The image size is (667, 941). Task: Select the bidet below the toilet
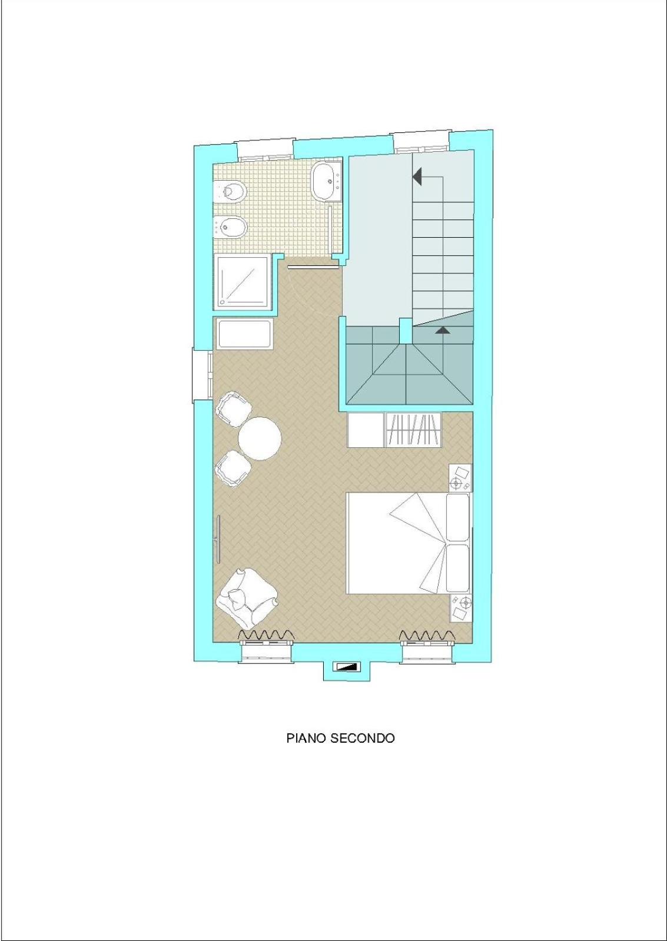point(230,227)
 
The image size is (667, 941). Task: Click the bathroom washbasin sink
point(327,181)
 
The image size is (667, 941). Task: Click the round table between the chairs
point(259,438)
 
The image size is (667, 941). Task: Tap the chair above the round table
point(233,409)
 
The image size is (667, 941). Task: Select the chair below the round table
point(233,468)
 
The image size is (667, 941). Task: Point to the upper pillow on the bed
point(457,517)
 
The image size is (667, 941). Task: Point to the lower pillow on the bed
point(457,568)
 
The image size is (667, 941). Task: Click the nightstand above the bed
point(460,478)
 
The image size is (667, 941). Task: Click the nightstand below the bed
point(460,608)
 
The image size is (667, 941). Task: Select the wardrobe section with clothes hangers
point(414,430)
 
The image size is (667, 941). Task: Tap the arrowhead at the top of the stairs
point(417,177)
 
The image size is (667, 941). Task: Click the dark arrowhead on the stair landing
point(443,330)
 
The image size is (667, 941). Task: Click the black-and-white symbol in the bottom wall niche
point(346,666)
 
